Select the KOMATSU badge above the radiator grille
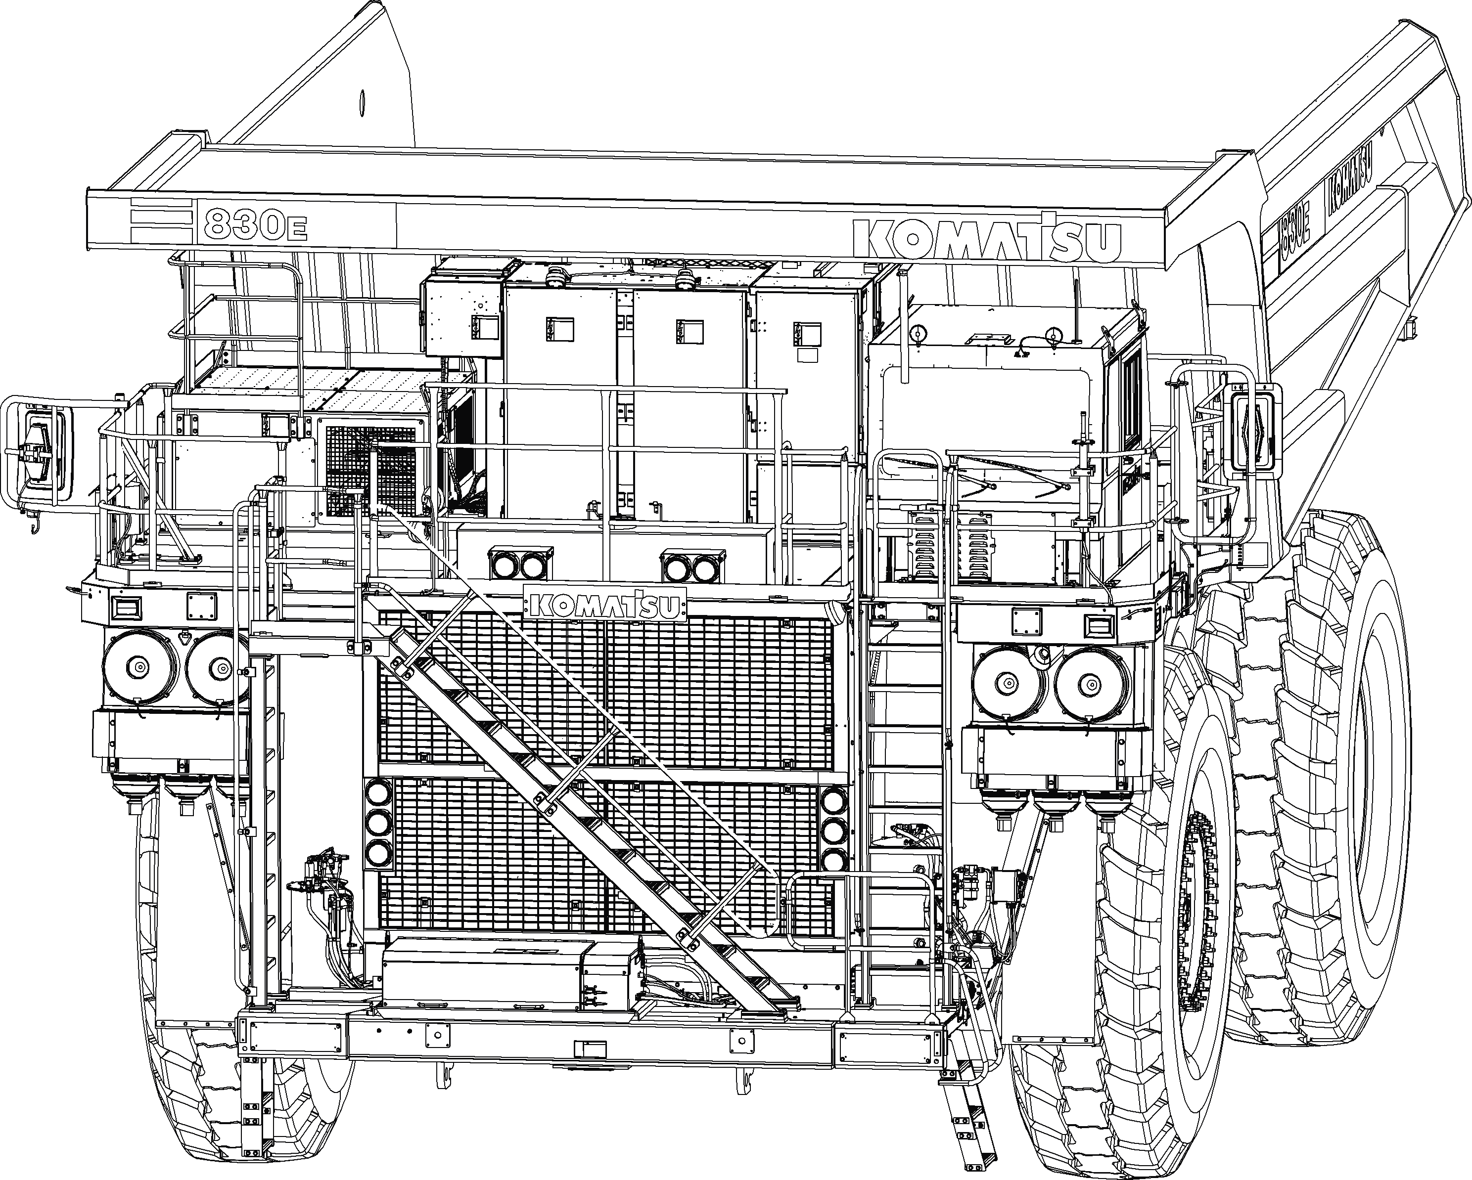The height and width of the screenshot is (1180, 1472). click(x=605, y=604)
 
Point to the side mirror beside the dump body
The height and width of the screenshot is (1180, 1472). click(x=1251, y=432)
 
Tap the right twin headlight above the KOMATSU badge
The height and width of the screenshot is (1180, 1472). click(x=692, y=566)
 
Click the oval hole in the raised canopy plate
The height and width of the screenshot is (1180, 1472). click(x=362, y=102)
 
